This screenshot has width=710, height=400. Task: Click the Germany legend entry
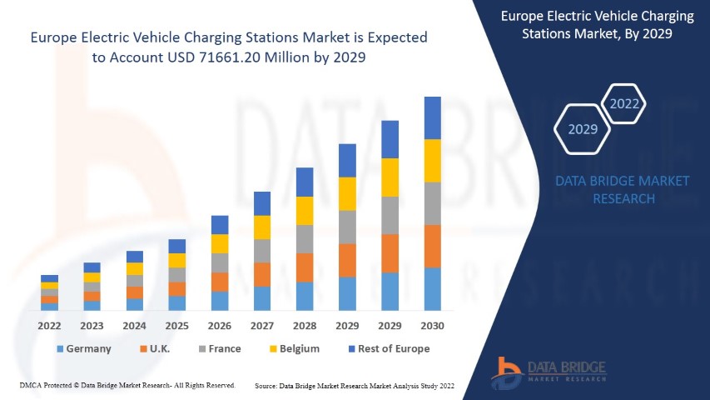click(83, 348)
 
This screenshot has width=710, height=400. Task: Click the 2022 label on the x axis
click(50, 326)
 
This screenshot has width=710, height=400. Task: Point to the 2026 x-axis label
click(220, 326)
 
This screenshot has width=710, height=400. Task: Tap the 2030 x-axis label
click(433, 326)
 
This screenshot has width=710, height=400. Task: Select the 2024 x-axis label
click(135, 326)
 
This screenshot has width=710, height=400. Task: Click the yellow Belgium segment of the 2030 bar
click(433, 161)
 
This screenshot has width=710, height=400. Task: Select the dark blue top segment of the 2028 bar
click(305, 182)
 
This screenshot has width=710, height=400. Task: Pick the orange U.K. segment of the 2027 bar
click(262, 274)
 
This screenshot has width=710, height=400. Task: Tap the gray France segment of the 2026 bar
click(220, 262)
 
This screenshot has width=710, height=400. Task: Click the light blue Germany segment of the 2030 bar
click(433, 288)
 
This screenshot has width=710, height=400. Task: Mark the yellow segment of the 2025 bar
click(177, 260)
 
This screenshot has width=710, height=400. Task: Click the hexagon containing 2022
click(624, 104)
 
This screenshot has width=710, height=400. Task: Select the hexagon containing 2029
click(583, 129)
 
